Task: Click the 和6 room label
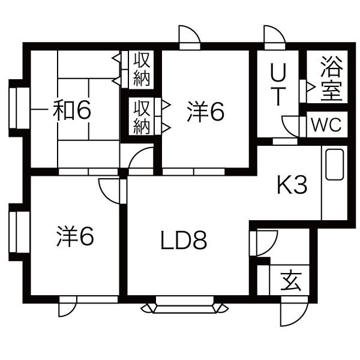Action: pos(72,110)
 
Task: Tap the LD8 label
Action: pos(184,241)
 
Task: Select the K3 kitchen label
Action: pos(292,184)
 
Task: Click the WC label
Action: pos(326,125)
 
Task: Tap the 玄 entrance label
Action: pos(292,282)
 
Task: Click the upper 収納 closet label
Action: pos(142,69)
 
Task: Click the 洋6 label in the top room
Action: pos(205,112)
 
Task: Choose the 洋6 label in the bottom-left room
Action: pos(76,236)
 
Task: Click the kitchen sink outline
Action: pos(335,164)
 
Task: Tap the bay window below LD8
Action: pos(185,305)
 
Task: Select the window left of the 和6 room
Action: pos(19,108)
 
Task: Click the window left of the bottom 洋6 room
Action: pos(19,232)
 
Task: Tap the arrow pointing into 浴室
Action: pos(311,87)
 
